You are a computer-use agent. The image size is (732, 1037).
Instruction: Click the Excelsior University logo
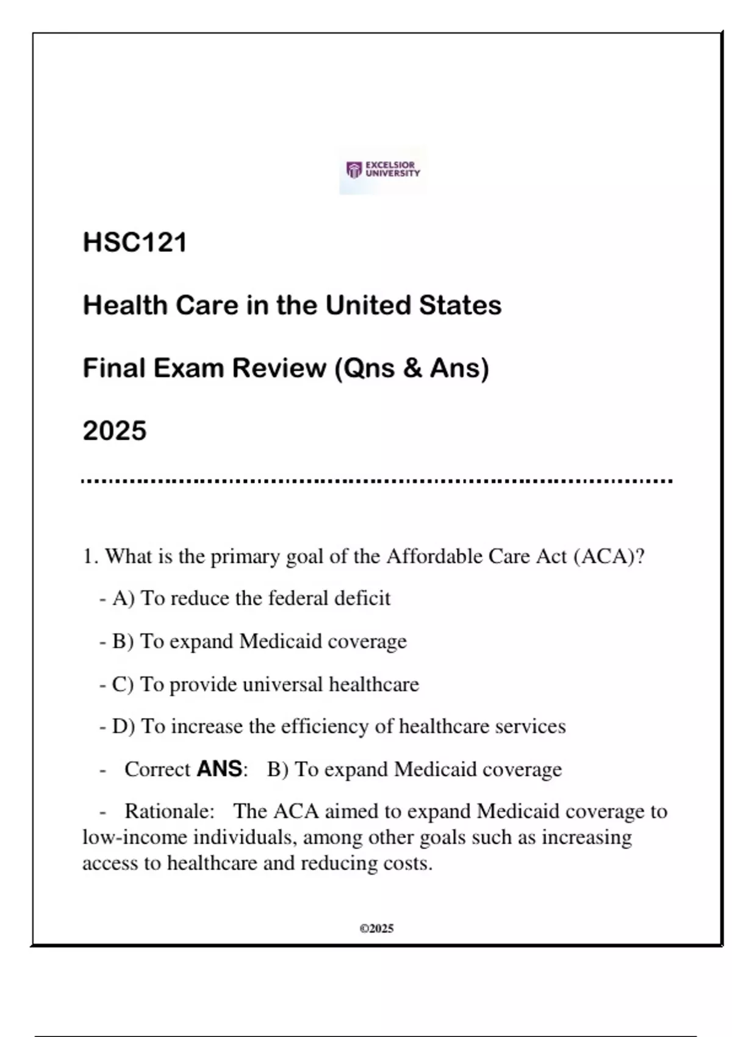[383, 170]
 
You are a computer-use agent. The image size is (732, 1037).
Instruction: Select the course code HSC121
[135, 242]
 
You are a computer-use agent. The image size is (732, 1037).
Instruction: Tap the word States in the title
[460, 305]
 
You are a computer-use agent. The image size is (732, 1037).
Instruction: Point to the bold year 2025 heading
[115, 431]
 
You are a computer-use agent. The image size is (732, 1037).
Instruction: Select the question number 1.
[90, 556]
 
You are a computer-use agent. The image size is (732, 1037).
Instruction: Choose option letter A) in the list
[123, 598]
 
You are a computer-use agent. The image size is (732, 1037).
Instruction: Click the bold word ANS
[219, 769]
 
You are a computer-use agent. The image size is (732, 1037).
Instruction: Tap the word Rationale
[169, 811]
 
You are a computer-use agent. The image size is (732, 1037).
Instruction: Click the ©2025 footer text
[376, 928]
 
